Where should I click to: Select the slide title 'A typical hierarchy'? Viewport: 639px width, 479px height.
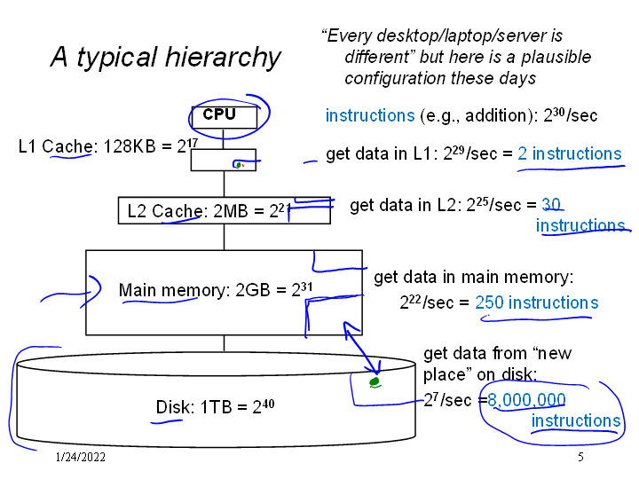pyautogui.click(x=165, y=58)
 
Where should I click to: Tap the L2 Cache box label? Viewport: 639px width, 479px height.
pyautogui.click(x=204, y=211)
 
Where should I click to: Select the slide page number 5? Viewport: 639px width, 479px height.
pyautogui.click(x=580, y=458)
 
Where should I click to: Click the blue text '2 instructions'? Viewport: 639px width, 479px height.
pyautogui.click(x=569, y=153)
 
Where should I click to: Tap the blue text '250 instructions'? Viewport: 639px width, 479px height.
pyautogui.click(x=536, y=302)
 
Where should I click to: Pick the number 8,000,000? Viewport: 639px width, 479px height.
pyautogui.click(x=526, y=399)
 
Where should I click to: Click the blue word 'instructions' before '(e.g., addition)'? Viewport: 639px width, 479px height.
pyautogui.click(x=369, y=115)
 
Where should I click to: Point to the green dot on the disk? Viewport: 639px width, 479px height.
pyautogui.click(x=375, y=382)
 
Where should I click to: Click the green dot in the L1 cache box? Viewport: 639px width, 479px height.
pyautogui.click(x=238, y=164)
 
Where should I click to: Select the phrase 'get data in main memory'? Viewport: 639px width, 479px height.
pyautogui.click(x=474, y=278)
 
